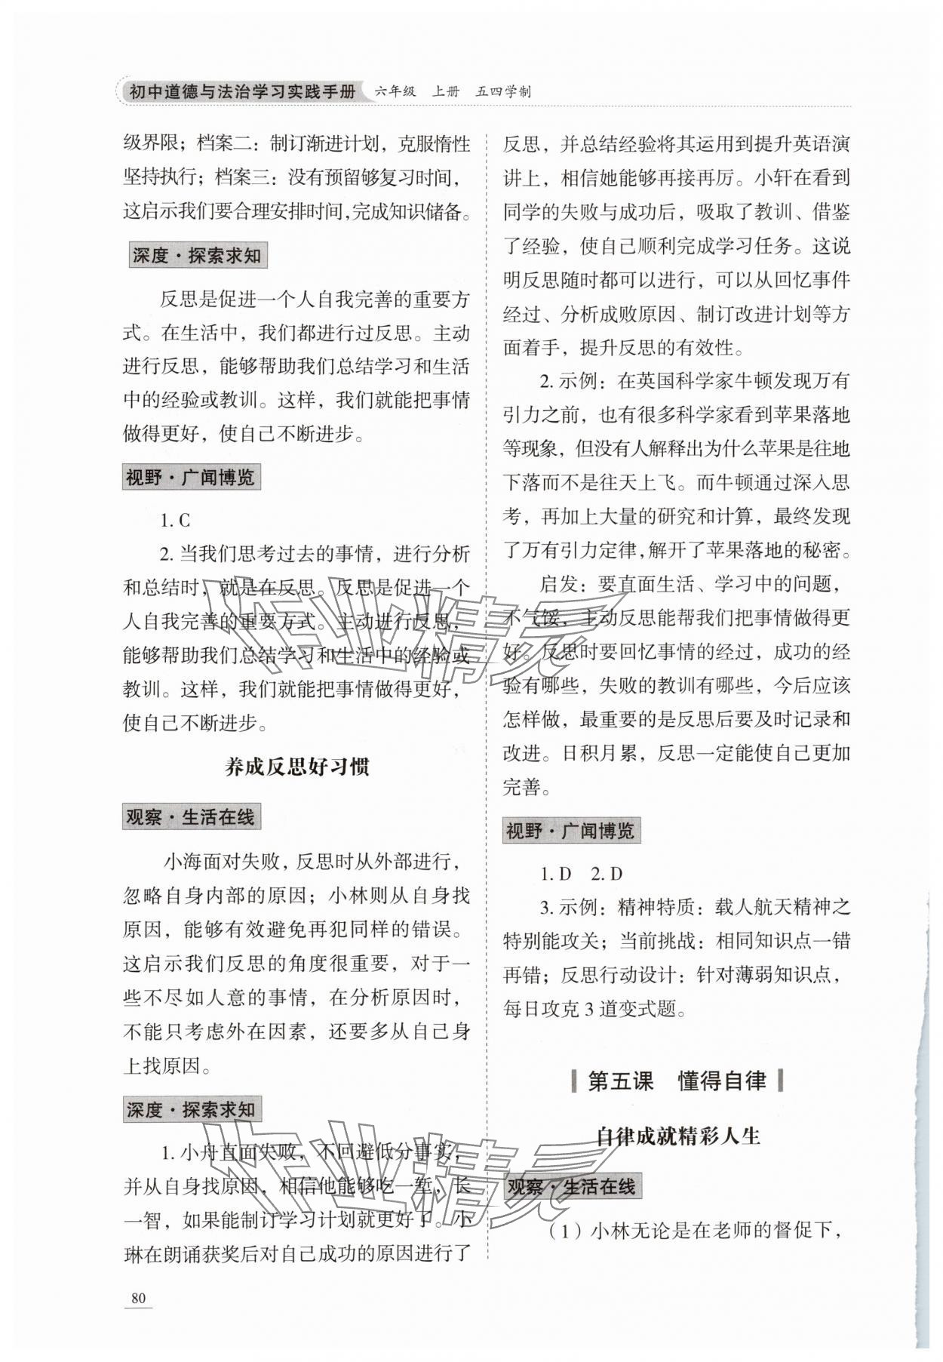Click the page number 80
click(x=138, y=1298)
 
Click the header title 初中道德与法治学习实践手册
click(x=242, y=92)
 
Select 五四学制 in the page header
click(x=503, y=92)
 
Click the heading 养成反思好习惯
click(x=297, y=767)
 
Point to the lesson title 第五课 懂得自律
click(x=677, y=1081)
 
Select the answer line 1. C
click(x=175, y=520)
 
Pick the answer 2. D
click(x=607, y=874)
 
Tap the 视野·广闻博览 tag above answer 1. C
click(x=191, y=478)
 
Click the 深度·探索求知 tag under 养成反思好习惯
click(x=191, y=1110)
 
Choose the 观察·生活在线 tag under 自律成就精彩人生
click(x=571, y=1187)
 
